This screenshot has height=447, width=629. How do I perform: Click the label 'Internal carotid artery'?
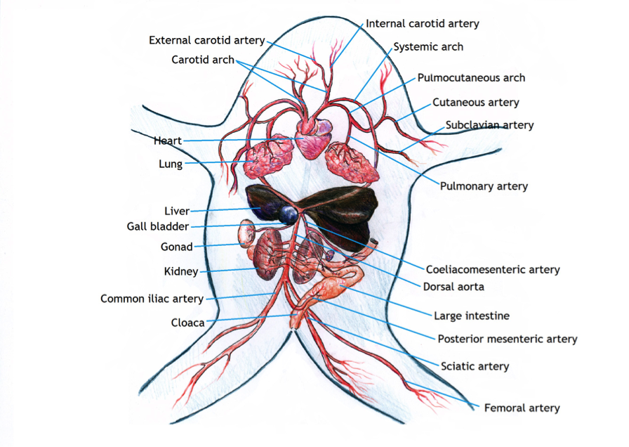click(x=423, y=24)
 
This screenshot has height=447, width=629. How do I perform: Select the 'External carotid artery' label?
click(x=206, y=40)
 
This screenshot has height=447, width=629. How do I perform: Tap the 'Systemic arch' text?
click(x=428, y=47)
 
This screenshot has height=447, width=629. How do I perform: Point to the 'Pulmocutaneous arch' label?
click(x=471, y=78)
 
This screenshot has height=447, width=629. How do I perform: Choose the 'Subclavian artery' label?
click(x=489, y=125)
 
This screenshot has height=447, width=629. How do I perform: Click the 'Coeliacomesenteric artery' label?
click(x=493, y=269)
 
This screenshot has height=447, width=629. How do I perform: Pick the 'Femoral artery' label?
click(x=522, y=408)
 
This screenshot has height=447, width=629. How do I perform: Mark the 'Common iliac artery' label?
click(x=152, y=299)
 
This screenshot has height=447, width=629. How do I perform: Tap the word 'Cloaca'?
click(x=187, y=323)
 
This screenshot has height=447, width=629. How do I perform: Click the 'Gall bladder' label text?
click(x=158, y=227)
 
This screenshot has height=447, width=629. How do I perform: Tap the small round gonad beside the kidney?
click(x=247, y=233)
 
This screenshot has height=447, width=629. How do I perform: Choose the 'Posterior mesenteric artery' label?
click(x=507, y=339)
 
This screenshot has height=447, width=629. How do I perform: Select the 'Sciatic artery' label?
click(x=475, y=366)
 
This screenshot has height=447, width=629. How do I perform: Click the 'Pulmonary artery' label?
click(x=484, y=186)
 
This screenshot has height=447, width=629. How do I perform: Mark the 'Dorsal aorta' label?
click(x=453, y=287)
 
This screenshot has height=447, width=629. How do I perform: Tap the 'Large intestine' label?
click(x=471, y=316)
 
